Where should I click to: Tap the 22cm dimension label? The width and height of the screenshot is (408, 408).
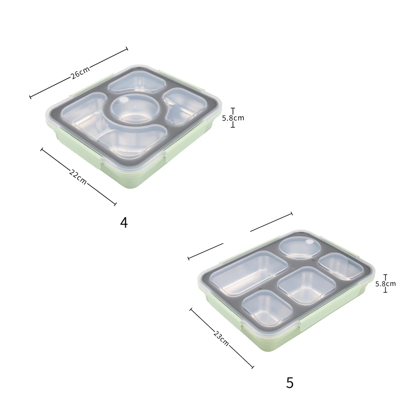pos(78,176)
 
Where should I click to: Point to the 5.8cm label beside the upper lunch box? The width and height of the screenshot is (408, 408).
pos(233,118)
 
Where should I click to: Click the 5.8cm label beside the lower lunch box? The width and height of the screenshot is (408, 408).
pos(385,283)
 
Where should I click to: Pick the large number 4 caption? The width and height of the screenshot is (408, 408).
pos(124,223)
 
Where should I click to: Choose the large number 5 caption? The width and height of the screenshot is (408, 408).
pos(290,383)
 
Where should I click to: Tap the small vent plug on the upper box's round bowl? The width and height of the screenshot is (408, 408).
pos(125,100)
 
